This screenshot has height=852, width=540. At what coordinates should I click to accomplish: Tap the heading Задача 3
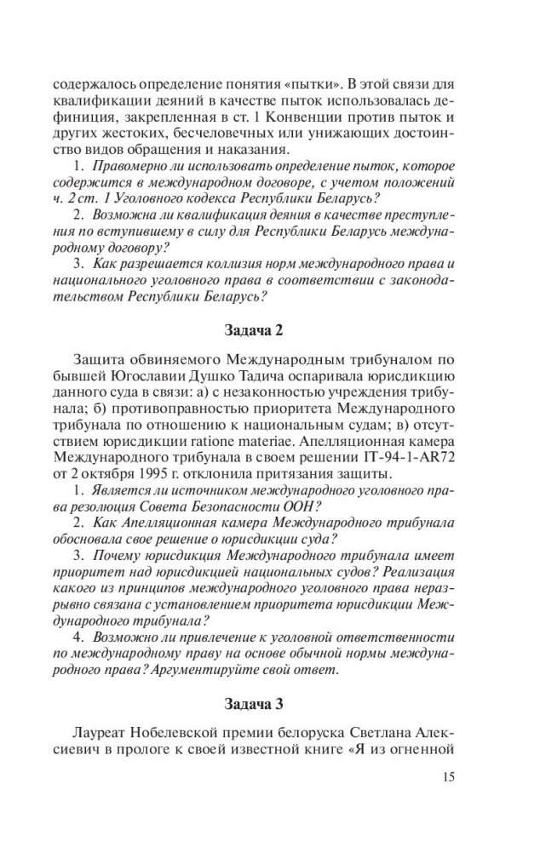[x=270, y=704]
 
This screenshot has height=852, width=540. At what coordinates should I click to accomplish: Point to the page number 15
[x=452, y=775]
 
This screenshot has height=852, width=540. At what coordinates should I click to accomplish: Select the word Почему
[x=126, y=557]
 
